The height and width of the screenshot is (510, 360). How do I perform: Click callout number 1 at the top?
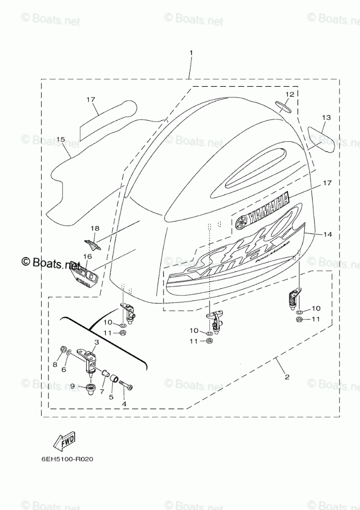[191, 53]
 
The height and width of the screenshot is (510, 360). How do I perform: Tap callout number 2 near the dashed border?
[286, 376]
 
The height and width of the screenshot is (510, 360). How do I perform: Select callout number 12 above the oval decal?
[289, 94]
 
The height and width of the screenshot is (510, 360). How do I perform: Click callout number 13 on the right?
[325, 117]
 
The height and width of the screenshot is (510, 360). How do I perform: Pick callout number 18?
[94, 228]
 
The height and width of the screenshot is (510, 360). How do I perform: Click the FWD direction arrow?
[63, 441]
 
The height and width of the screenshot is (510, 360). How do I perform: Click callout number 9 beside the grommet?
[73, 386]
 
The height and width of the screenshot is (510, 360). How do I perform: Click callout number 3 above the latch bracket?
[96, 343]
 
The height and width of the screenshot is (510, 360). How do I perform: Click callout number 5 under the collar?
[110, 397]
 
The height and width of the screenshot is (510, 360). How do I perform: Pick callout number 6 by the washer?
[64, 370]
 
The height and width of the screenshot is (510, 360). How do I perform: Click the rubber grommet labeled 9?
[91, 388]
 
